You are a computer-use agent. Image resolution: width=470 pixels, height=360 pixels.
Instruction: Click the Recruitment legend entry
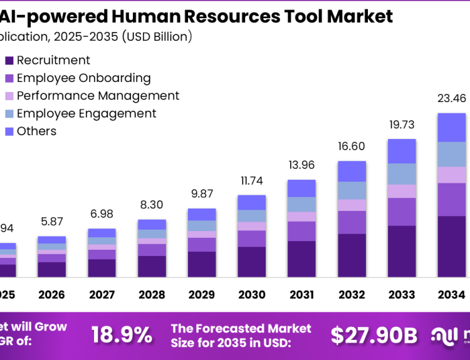(x=53, y=61)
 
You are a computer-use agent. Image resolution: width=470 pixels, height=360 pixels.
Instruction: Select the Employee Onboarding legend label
(x=83, y=78)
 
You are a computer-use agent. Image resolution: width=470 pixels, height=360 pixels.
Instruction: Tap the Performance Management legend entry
(x=98, y=96)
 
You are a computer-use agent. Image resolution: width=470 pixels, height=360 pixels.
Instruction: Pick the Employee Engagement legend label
(x=86, y=113)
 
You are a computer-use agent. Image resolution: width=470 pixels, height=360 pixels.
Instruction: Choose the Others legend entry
(x=36, y=131)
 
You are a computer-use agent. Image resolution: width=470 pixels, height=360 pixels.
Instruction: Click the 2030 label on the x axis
(x=252, y=294)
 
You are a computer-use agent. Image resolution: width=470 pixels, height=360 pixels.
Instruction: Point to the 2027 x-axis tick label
(x=102, y=294)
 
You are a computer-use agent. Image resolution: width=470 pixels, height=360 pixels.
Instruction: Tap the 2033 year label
(x=402, y=294)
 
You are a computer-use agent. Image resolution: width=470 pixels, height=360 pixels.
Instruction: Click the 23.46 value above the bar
(x=452, y=98)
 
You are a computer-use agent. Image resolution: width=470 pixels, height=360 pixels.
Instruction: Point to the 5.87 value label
(x=51, y=222)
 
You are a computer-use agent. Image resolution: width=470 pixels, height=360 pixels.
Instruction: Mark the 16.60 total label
(x=352, y=146)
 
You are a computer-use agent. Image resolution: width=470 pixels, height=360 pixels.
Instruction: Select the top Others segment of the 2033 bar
(x=402, y=151)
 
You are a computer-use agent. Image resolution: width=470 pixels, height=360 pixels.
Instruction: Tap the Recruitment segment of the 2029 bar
(x=202, y=264)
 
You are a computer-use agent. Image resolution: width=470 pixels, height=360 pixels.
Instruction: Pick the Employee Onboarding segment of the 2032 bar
(x=352, y=222)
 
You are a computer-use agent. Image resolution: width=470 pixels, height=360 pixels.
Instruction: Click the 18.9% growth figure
(x=122, y=335)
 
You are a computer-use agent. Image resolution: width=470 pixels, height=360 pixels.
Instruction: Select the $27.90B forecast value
(x=373, y=335)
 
